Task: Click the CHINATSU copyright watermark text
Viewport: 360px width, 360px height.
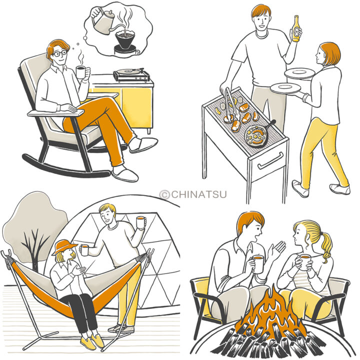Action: tap(193, 194)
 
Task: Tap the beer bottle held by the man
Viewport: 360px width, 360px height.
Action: tap(295, 29)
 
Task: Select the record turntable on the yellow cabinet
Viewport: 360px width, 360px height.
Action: tap(131, 74)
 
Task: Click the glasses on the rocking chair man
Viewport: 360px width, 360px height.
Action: tap(59, 53)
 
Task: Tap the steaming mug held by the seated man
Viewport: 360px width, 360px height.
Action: tap(81, 72)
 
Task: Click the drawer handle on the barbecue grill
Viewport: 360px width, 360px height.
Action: tap(270, 161)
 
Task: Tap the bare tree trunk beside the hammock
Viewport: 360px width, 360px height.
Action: tap(34, 255)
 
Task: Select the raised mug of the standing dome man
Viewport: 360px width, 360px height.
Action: tap(140, 222)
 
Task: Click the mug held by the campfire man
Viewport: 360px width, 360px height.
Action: tap(257, 264)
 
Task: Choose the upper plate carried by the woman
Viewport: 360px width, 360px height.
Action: tap(299, 73)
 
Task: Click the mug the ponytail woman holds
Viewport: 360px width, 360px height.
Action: tap(305, 262)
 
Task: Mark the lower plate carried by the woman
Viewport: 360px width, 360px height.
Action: tap(285, 88)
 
